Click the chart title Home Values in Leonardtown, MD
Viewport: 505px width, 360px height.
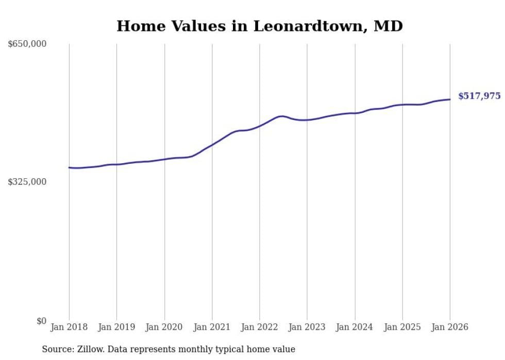tap(259, 26)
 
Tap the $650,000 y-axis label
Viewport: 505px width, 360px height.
tap(27, 44)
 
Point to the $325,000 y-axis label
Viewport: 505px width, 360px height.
tap(27, 182)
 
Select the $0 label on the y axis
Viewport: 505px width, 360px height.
tap(41, 321)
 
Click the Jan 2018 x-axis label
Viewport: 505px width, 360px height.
tap(69, 327)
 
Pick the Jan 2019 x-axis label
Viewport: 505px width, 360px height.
tap(116, 327)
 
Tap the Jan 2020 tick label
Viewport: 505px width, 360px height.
tap(164, 327)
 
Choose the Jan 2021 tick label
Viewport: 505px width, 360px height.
tap(212, 327)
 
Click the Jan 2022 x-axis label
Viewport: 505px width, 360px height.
tap(260, 327)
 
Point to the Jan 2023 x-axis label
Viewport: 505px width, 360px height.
tap(307, 327)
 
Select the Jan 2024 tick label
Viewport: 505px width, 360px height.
tap(355, 327)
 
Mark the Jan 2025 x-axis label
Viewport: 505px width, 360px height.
tap(402, 327)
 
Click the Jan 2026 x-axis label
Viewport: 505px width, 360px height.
tap(450, 327)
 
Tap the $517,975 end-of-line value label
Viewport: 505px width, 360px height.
tap(479, 96)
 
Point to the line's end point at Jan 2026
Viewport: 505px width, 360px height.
tap(450, 99)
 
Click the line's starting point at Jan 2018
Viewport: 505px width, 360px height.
tap(69, 167)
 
